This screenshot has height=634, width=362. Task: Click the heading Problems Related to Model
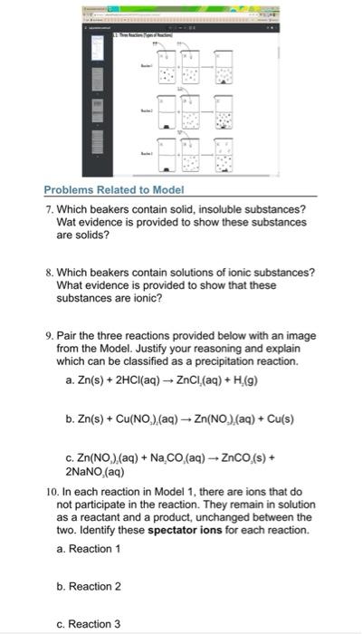pos(114,190)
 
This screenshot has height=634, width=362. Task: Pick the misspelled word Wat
pos(68,222)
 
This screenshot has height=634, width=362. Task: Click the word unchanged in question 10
pos(208,516)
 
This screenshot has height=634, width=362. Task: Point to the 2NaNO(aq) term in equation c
pos(95,471)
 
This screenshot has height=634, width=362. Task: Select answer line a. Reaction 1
pos(89,548)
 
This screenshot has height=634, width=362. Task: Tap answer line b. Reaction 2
pos(89,586)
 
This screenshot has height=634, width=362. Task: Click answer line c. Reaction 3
pos(89,624)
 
